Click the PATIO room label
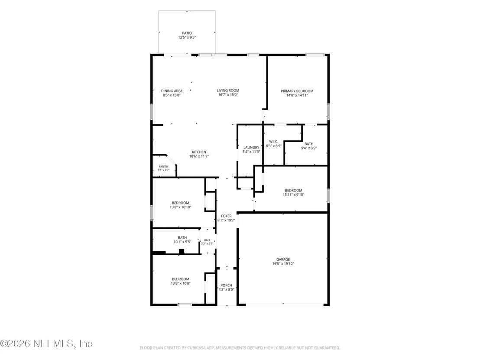[187, 33]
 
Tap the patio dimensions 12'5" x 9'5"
[187, 37]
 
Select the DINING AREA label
[172, 91]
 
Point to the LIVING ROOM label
[228, 90]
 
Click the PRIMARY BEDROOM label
[297, 91]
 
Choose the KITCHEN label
[199, 152]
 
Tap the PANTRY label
[163, 166]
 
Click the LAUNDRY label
[251, 147]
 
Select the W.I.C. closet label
[274, 141]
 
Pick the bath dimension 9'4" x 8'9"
[309, 148]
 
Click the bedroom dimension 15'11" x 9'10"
[294, 195]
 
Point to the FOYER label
[226, 216]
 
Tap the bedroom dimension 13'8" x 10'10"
[181, 207]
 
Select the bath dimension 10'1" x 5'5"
[182, 242]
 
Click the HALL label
[207, 240]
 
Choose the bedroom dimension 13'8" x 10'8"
[181, 283]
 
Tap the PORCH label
[226, 285]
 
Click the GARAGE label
[283, 259]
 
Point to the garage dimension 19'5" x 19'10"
[283, 263]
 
